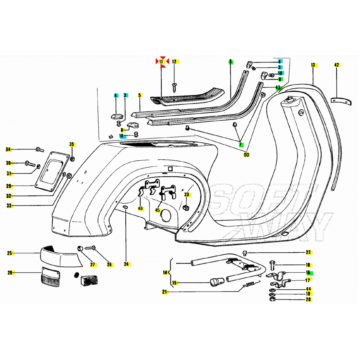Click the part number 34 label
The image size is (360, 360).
9,150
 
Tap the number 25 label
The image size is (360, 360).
9,253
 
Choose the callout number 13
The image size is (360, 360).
313,65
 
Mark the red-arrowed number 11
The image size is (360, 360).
161,61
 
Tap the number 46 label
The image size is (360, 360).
140,208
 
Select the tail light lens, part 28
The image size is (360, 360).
50,277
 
